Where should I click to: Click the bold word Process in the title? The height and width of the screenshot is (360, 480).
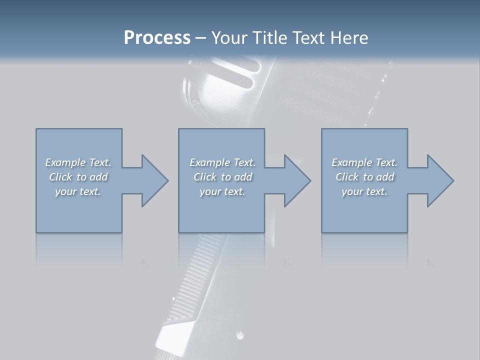[x=157, y=38]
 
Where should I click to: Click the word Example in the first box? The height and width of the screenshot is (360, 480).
[x=65, y=162]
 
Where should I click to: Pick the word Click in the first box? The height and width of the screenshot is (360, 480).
[x=60, y=177]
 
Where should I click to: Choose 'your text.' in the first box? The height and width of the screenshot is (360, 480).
[x=78, y=191]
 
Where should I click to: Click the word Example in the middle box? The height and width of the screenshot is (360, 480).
[x=209, y=162]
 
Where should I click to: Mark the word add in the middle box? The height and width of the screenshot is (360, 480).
[x=243, y=177]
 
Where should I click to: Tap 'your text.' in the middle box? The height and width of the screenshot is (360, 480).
[x=222, y=191]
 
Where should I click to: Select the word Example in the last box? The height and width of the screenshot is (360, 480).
[x=352, y=162]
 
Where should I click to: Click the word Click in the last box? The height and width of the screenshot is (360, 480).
[x=347, y=177]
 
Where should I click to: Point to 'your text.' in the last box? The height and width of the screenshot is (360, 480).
[x=364, y=191]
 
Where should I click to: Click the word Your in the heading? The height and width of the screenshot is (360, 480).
[x=229, y=38]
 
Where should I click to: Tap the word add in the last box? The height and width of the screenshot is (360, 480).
[x=385, y=177]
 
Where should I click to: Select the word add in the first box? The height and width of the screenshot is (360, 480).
[x=98, y=177]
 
